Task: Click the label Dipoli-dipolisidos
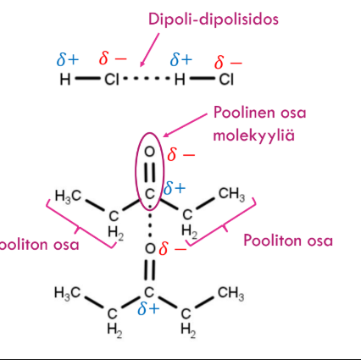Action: coord(214,20)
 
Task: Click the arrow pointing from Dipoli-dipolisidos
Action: coord(150,50)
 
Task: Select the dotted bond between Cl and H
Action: coord(147,78)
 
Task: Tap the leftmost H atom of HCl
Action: coord(65,79)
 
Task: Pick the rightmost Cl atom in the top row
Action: coord(226,79)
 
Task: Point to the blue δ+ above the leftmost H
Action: coord(68,59)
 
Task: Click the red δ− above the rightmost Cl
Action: coord(228,63)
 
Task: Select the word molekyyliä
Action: coord(253,136)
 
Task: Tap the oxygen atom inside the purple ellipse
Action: coord(150,152)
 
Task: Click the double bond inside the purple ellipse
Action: coord(150,172)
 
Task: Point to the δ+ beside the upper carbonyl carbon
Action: coord(175,188)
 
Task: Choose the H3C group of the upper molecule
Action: coord(68,196)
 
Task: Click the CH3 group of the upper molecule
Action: coord(231,194)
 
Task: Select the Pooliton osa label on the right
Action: coord(288,241)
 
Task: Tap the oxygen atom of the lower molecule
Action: coord(150,248)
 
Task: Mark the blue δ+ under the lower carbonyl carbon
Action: coord(148,308)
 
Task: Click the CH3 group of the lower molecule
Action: coord(231,293)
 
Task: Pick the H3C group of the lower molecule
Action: coord(67,293)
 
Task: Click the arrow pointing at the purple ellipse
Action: coord(186,125)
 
